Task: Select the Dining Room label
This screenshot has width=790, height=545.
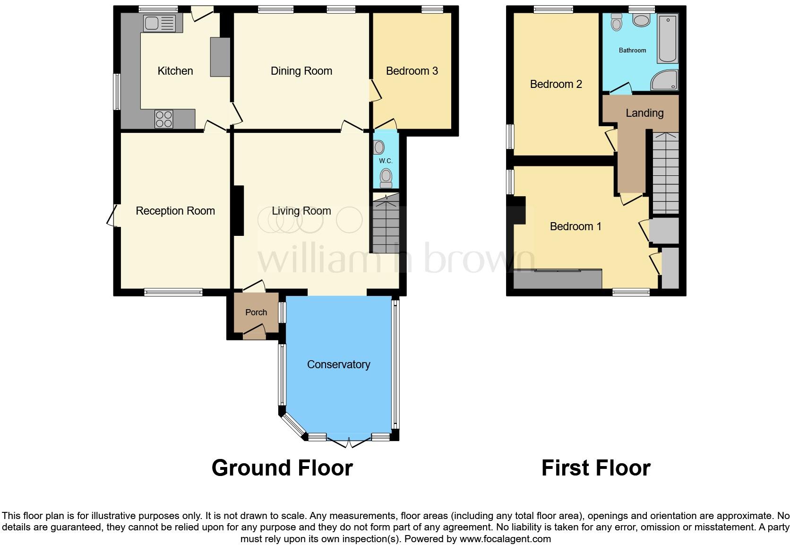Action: (x=301, y=71)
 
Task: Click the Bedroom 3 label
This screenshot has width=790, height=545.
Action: (x=412, y=71)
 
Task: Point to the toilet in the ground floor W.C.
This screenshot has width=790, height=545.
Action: (x=386, y=177)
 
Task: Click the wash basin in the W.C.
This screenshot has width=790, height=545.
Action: (x=378, y=147)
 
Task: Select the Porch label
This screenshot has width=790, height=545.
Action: (x=256, y=312)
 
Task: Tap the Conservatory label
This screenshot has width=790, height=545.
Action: (x=338, y=364)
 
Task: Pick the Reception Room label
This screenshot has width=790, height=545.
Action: (x=175, y=211)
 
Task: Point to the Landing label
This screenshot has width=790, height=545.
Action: (x=644, y=113)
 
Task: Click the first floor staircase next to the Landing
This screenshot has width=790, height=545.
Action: (x=665, y=173)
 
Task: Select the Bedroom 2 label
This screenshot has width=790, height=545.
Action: (x=556, y=84)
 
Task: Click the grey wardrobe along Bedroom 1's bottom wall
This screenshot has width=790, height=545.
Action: (x=558, y=279)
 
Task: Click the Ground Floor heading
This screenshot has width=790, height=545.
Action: (x=282, y=467)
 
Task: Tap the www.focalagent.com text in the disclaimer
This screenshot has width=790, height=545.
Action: (x=505, y=539)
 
